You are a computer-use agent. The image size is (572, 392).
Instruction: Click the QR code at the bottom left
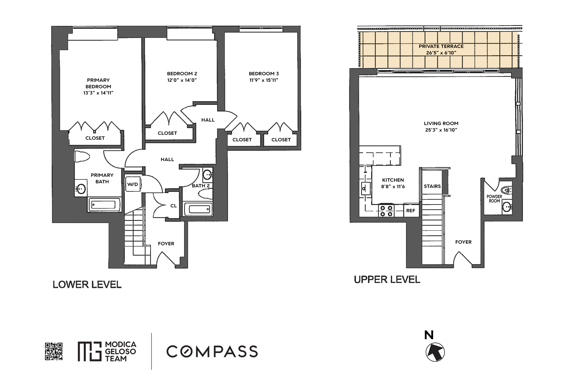54,351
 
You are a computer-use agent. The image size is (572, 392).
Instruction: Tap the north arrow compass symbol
435,352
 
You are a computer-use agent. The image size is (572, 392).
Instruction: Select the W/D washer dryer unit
133,184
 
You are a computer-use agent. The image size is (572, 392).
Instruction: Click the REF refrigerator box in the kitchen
411,211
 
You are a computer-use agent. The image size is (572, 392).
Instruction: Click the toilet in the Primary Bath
82,157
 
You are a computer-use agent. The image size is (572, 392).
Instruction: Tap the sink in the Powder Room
506,207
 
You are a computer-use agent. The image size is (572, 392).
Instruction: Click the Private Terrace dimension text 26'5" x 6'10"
441,53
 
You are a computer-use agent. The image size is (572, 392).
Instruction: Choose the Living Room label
441,123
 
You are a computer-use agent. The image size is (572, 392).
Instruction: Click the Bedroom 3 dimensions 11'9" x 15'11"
264,80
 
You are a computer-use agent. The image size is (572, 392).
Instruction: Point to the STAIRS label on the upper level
432,186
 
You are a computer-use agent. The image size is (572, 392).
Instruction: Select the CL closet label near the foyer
173,206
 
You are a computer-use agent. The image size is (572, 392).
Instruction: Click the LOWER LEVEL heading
87,285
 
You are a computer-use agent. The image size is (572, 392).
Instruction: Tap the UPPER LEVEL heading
387,280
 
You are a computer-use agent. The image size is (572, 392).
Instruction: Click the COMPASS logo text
212,351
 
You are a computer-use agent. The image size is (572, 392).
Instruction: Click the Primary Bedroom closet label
95,138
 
